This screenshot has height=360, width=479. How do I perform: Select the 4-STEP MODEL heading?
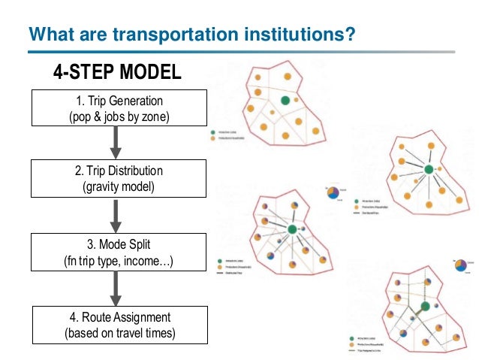(117, 72)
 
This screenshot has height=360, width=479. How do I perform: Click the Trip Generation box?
(119, 108)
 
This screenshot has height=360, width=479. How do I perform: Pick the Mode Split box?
(119, 253)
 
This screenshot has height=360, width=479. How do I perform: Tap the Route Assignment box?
(119, 325)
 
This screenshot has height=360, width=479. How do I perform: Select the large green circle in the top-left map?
(285, 101)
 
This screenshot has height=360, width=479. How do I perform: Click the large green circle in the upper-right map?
(429, 169)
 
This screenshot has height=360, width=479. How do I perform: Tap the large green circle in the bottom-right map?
(425, 307)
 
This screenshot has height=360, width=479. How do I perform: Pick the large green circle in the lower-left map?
(292, 230)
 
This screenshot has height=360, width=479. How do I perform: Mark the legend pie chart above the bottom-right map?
(459, 264)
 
